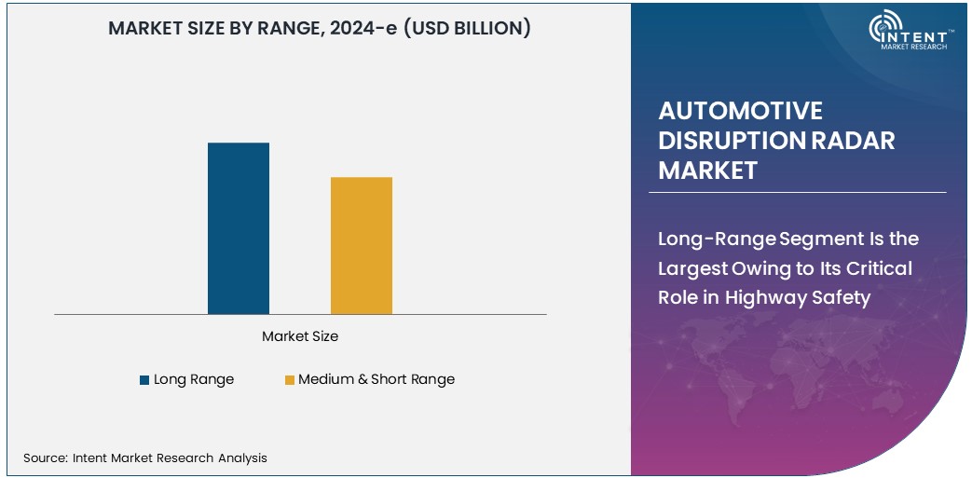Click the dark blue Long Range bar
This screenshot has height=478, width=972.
point(238,228)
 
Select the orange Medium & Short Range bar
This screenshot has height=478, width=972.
point(361,245)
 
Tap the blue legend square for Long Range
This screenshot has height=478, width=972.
point(144,380)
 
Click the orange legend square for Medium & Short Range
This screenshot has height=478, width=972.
point(289,380)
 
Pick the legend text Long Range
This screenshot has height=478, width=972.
point(194,379)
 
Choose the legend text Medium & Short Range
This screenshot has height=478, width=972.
point(376,379)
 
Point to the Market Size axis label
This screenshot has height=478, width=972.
point(300,335)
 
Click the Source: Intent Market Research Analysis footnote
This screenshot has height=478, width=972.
point(145,458)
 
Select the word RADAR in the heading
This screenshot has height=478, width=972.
point(852,141)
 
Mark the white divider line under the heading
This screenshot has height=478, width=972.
point(797,193)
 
